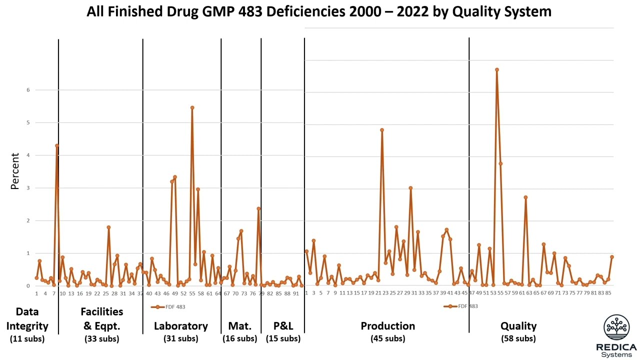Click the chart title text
(319, 12)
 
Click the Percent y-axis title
(15, 171)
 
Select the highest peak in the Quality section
(496, 70)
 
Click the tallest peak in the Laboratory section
(192, 107)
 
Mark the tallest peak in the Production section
(381, 130)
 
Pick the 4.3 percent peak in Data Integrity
(57, 145)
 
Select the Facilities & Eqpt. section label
(101, 319)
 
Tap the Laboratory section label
(180, 326)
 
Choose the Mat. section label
(240, 326)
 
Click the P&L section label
(283, 326)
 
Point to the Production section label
(387, 326)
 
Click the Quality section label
(518, 326)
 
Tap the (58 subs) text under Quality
(518, 338)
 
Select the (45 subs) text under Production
(387, 338)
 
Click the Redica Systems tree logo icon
(616, 327)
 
